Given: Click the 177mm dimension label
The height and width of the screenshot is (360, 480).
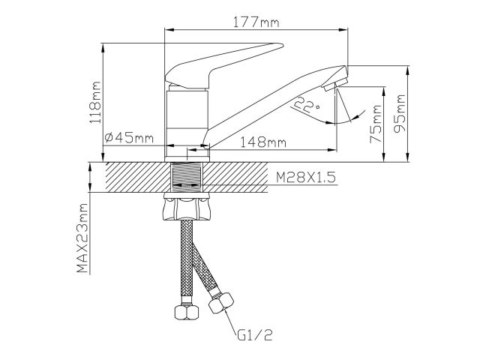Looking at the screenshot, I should pos(256,22).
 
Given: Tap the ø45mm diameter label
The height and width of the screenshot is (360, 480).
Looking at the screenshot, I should pos(130,138).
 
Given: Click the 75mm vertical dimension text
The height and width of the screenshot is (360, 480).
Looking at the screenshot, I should pos(376,124).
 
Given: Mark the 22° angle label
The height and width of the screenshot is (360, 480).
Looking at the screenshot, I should pos(307,105).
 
